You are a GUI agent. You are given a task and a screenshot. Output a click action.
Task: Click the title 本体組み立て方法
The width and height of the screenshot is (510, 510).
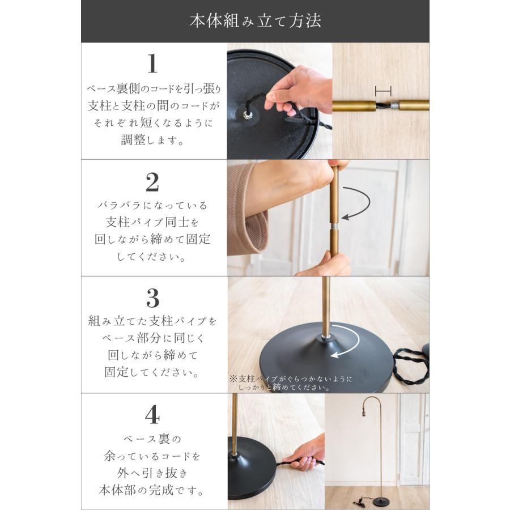pos(255,22)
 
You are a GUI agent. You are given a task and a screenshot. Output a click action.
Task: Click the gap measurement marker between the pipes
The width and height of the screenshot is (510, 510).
pos(384,90)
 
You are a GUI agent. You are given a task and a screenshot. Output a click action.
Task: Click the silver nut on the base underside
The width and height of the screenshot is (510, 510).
pos(248,116)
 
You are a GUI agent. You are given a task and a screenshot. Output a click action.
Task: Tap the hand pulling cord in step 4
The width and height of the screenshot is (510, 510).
pos(306,453)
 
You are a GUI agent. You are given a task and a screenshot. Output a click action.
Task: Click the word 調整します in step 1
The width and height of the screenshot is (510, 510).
pos(152,140)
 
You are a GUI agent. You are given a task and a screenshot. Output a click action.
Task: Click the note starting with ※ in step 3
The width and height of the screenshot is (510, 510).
pos(291,382)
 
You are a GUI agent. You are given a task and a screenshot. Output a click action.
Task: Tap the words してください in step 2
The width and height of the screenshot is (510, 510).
pos(152,256)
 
